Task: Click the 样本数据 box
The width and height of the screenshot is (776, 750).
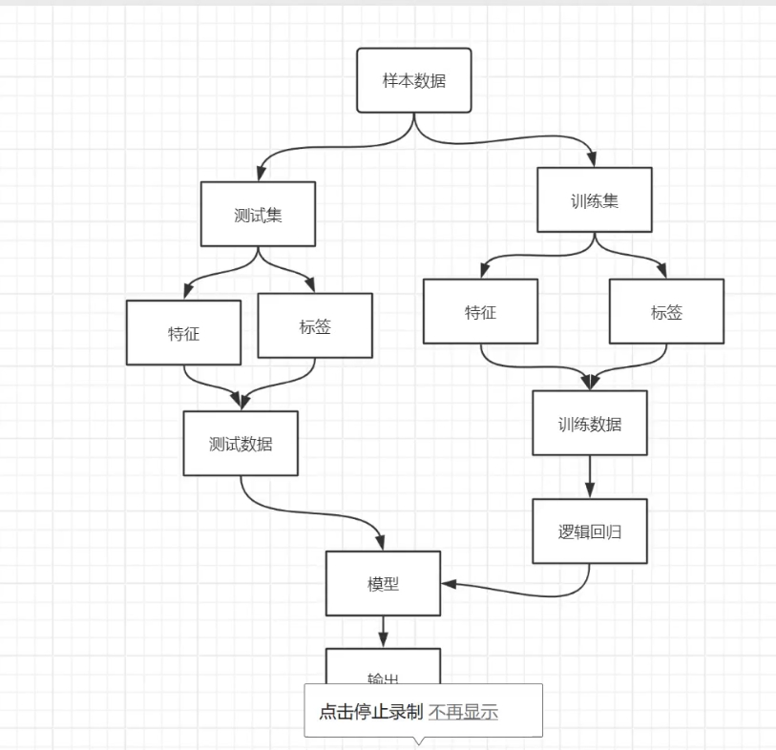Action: point(413,81)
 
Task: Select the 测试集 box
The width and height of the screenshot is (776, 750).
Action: point(258,214)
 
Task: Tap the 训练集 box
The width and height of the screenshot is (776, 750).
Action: point(594,200)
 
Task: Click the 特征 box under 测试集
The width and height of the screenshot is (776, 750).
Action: point(183,333)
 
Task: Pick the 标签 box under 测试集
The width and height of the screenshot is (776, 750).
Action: point(315,325)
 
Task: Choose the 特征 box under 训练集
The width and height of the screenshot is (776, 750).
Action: point(480,311)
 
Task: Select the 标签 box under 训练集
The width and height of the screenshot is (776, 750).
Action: point(666,311)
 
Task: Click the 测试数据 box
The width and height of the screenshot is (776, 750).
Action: point(241,443)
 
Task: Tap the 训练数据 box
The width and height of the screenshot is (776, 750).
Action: point(589,423)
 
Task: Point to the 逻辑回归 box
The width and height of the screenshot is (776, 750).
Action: point(589,531)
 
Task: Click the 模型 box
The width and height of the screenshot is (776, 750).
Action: point(383,583)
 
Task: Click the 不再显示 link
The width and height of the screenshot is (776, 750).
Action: point(463,712)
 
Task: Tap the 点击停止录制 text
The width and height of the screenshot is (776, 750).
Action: point(369,712)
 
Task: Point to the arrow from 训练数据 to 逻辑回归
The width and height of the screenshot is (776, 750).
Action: point(589,476)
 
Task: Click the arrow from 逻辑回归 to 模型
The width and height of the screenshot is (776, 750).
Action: point(535,593)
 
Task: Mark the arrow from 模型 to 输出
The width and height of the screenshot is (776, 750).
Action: point(383,631)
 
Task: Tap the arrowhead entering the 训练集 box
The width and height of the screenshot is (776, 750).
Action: point(594,159)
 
